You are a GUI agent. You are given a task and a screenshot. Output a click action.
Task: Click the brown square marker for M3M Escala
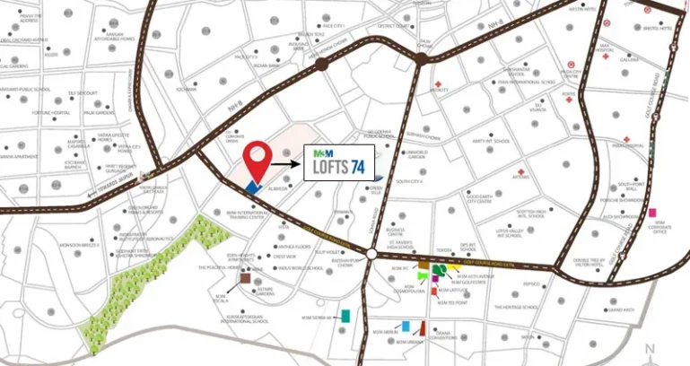[x=245, y=280]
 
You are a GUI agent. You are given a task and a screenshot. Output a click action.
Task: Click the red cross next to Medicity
[x=438, y=83]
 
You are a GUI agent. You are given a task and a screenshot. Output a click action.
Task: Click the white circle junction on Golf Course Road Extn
[x=371, y=256]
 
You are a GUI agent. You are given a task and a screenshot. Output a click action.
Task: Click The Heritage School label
[x=519, y=308]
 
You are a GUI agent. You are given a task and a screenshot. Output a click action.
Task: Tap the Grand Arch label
[x=621, y=309]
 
